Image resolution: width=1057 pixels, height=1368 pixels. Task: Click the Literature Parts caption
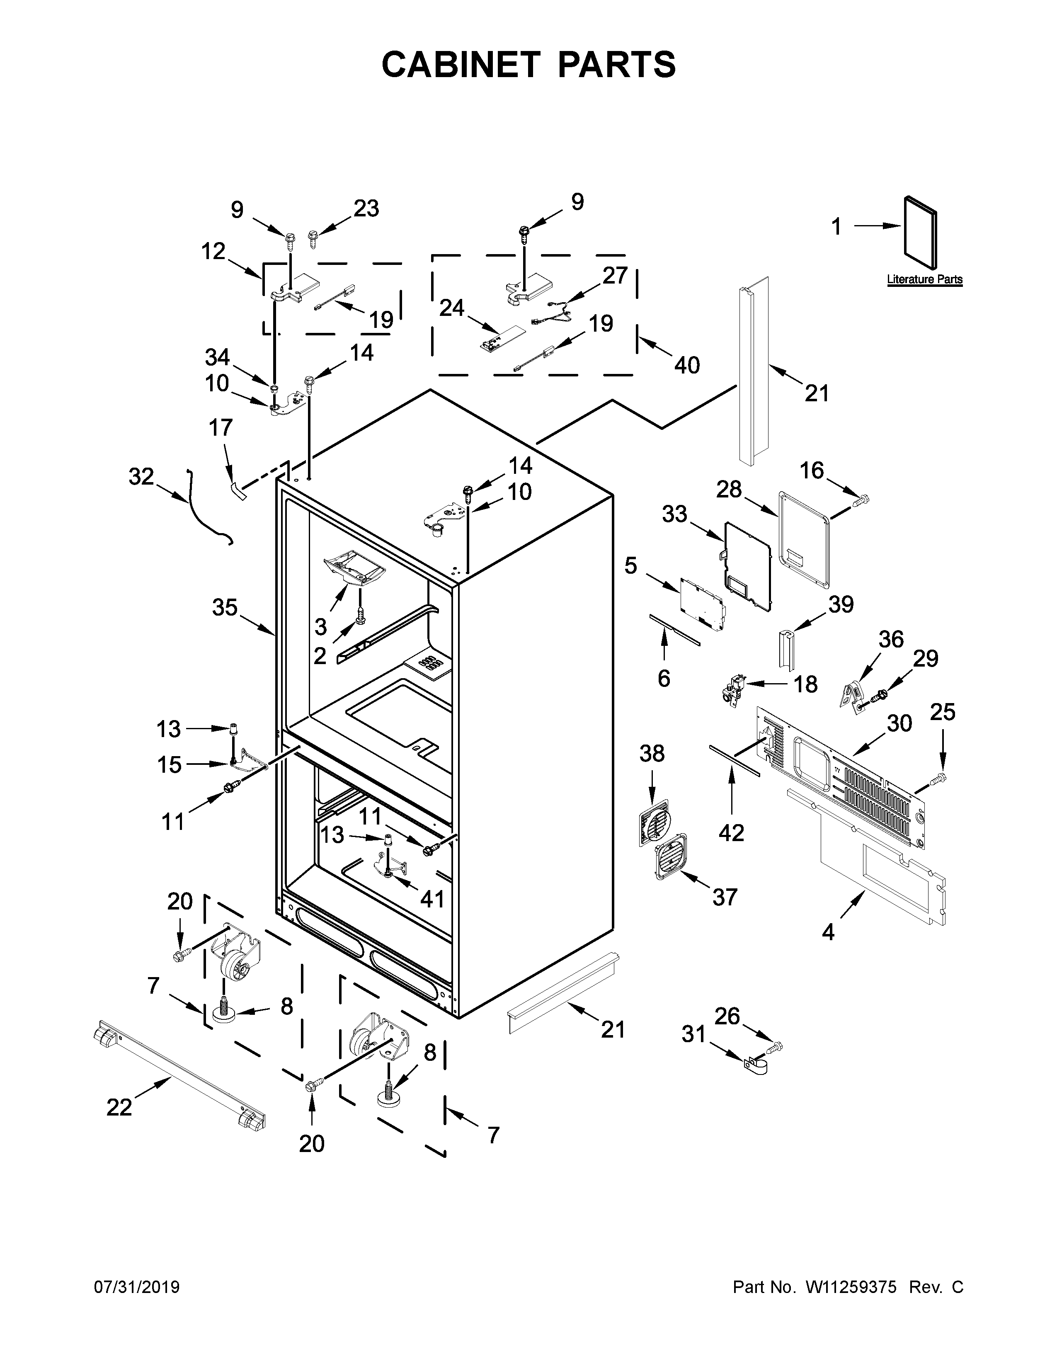(x=924, y=280)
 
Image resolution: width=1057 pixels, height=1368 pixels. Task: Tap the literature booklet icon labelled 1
(x=921, y=233)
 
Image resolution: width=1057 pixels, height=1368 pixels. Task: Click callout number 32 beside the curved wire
(x=141, y=477)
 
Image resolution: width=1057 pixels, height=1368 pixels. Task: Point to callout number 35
(x=225, y=607)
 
